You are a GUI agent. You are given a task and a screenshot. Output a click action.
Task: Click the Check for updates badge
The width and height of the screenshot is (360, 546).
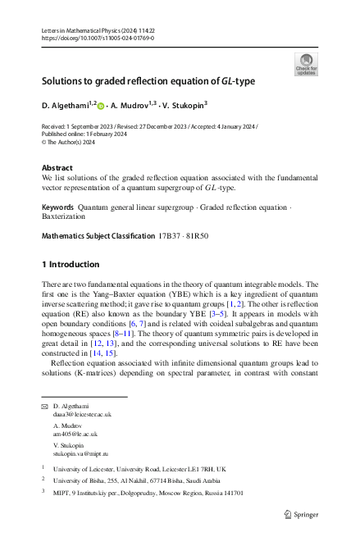point(306,65)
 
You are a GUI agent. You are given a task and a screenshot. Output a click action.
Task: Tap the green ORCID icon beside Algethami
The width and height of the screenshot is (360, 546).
point(102,106)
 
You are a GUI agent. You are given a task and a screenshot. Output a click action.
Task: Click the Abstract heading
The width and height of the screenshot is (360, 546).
point(57,169)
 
